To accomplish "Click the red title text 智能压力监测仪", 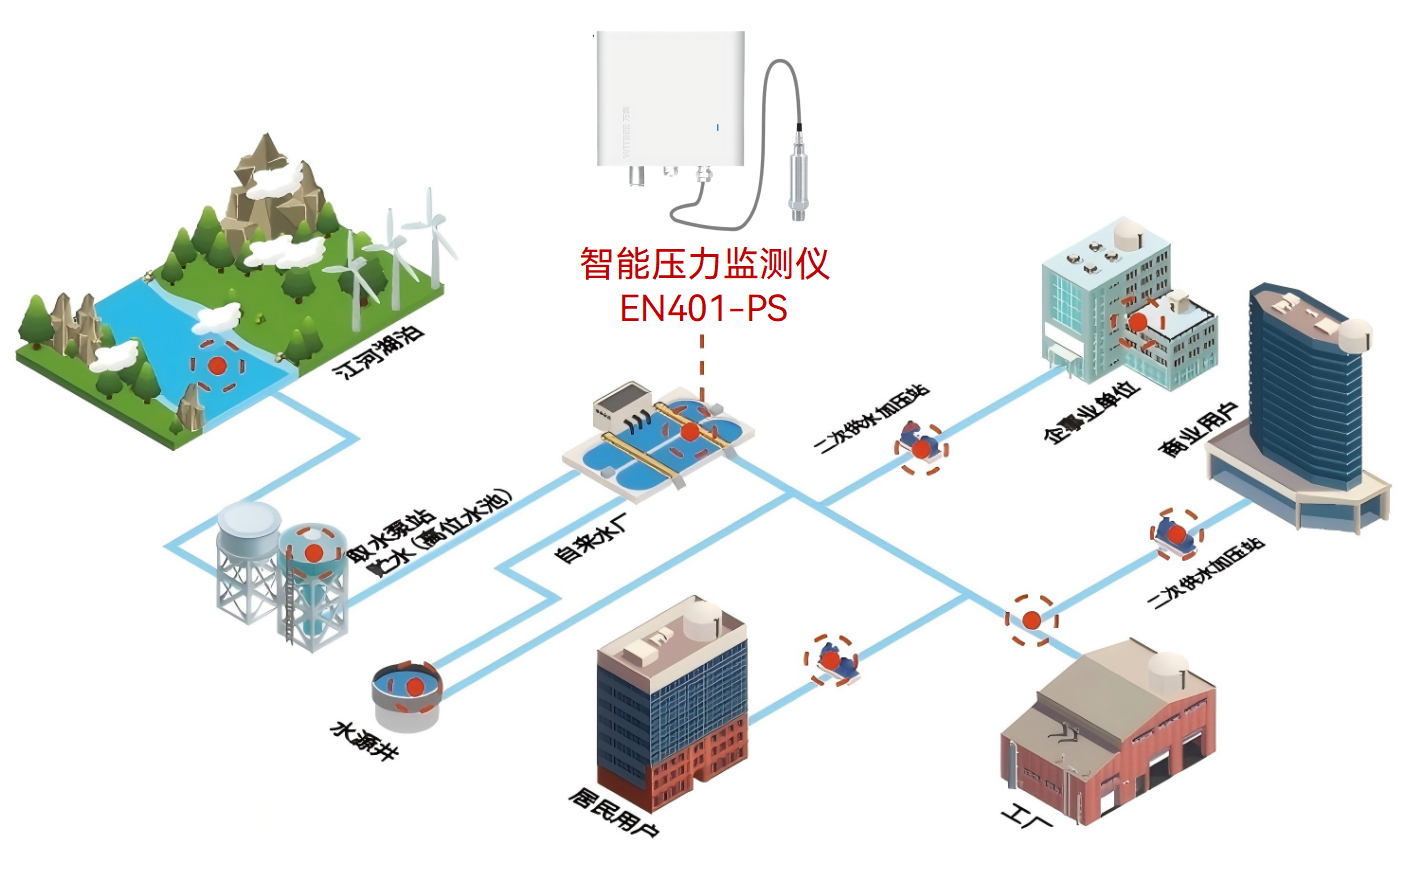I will pos(704,264).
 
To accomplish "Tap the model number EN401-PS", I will pos(703,308).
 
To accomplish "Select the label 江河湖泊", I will pos(379,352).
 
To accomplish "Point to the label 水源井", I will pos(364,740).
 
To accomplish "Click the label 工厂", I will pos(1027,819).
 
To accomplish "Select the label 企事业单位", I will pos(1091,411).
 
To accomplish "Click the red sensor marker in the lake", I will pos(217,366).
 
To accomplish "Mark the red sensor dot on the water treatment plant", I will pos(689,431).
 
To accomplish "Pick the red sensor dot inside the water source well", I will pos(413,686).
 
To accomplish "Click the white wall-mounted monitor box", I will pos(671,100).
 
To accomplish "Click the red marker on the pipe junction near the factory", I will pos(1031,620).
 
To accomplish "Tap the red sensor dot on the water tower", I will pos(313,552).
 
